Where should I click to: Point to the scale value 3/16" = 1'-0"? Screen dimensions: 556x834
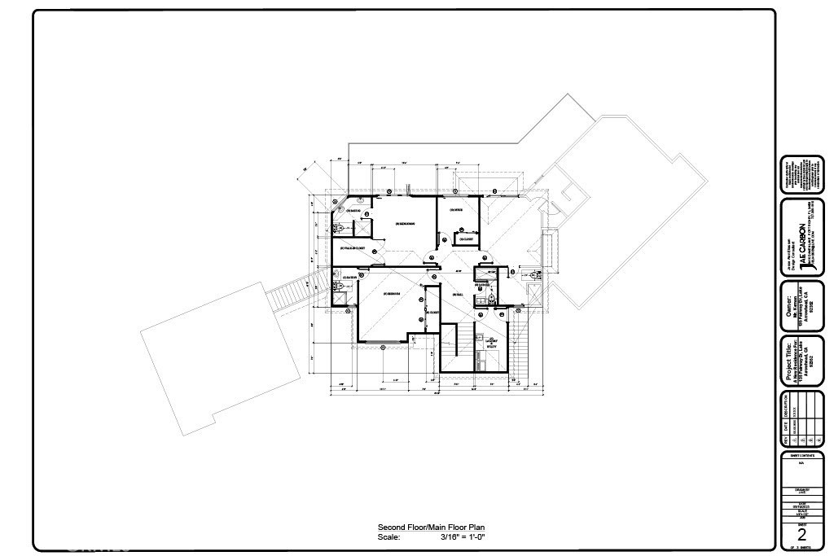click(463, 536)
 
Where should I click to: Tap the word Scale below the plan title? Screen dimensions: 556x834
click(388, 536)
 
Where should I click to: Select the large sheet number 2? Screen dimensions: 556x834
click(801, 535)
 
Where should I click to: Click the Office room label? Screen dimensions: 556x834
click(457, 210)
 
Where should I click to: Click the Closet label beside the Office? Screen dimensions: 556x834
click(467, 239)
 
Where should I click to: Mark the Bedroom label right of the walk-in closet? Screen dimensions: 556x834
click(405, 223)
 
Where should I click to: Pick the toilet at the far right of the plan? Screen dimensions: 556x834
click(533, 277)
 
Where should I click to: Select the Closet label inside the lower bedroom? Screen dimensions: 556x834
click(432, 313)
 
